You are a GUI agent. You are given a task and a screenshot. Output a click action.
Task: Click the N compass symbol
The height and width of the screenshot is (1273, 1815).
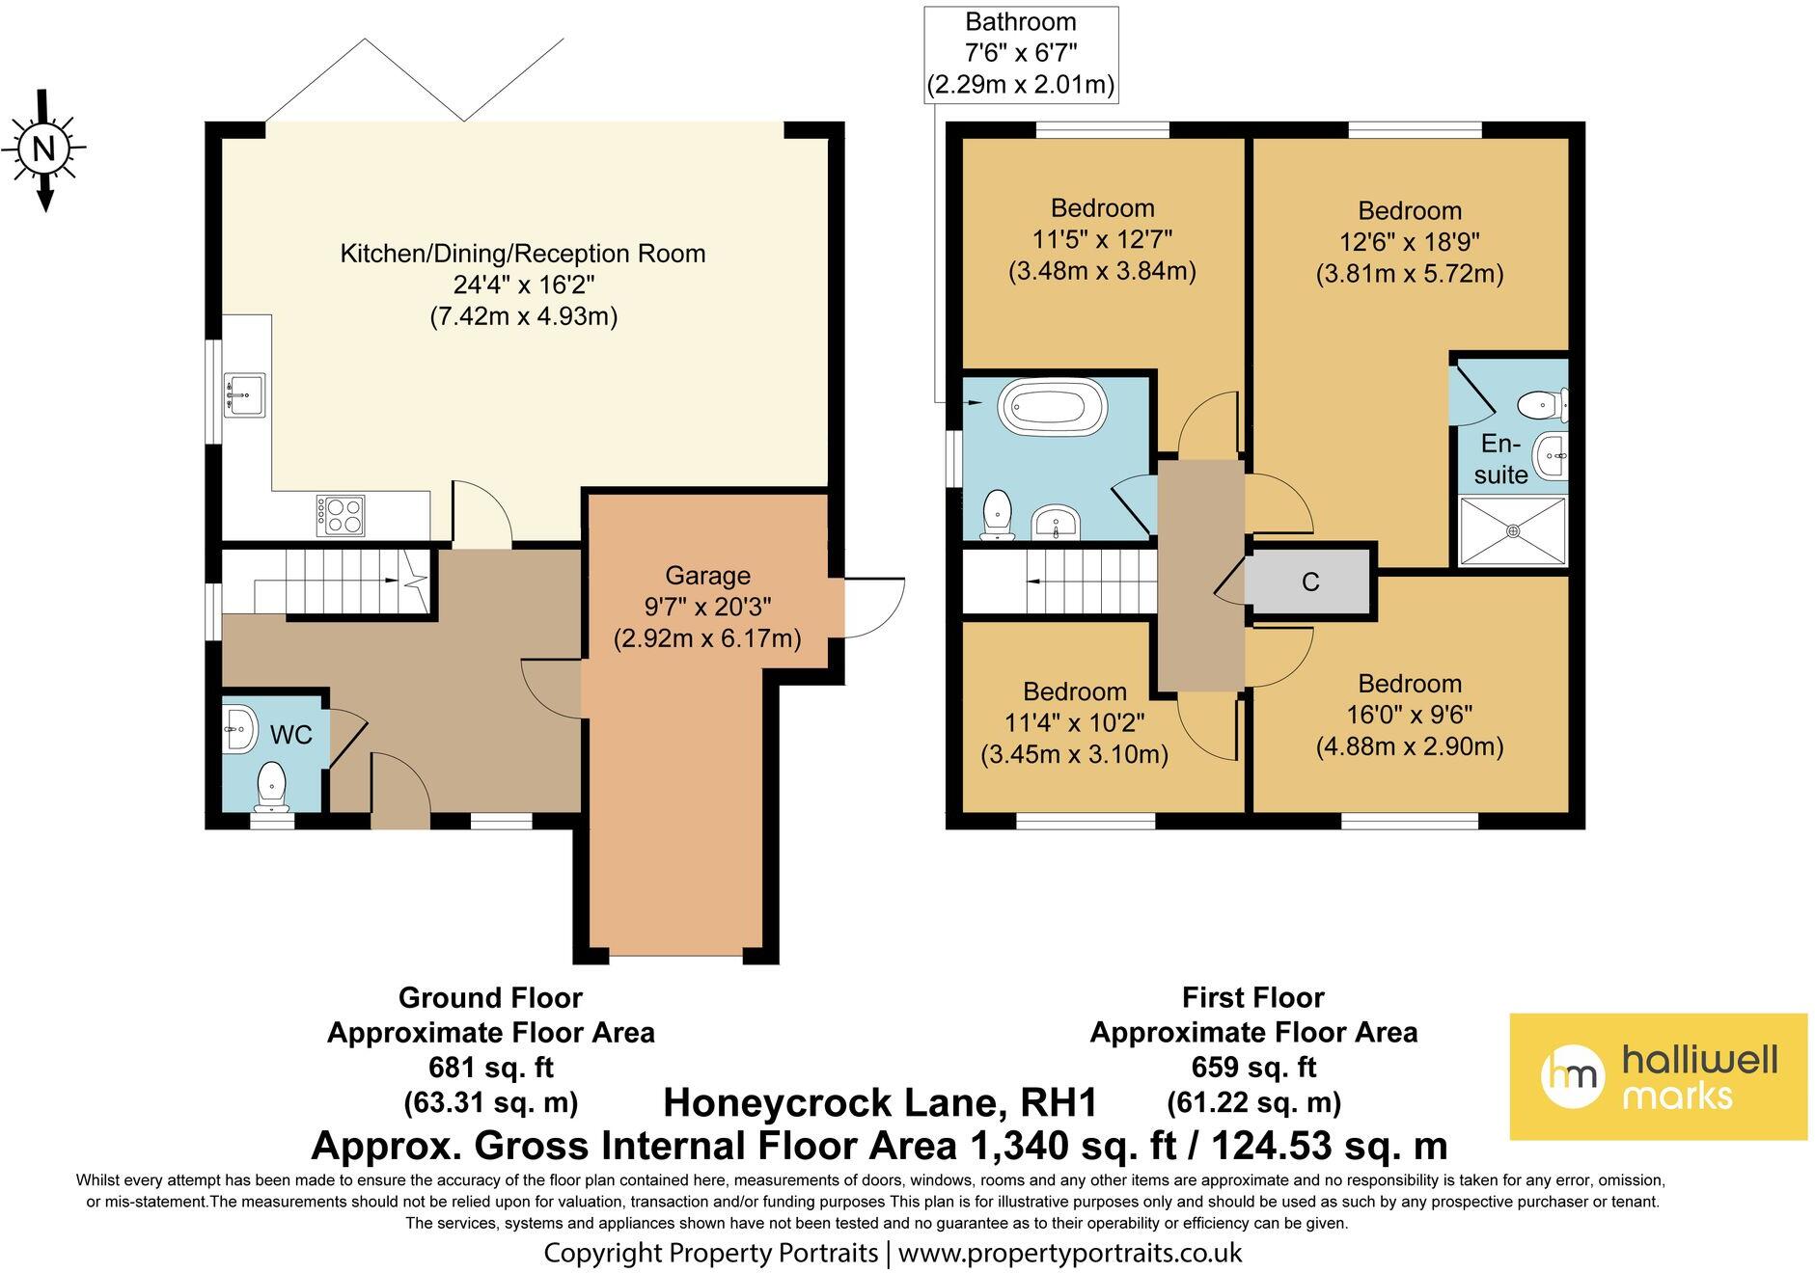tap(43, 149)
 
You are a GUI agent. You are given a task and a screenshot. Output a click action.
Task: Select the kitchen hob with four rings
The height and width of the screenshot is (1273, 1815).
tap(341, 515)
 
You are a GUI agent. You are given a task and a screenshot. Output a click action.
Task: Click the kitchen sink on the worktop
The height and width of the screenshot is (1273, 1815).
tap(244, 394)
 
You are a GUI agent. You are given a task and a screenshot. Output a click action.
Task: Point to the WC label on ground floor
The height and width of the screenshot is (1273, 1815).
tap(290, 735)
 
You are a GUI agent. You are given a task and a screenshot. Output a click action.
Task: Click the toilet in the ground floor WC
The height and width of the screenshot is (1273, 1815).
tap(271, 784)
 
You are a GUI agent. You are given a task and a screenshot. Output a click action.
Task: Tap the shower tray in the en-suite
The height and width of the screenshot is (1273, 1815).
tap(1512, 530)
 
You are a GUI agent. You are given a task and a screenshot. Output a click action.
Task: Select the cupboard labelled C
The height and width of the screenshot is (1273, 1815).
tap(1309, 582)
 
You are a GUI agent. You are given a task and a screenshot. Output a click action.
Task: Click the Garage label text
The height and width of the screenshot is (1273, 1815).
tap(707, 576)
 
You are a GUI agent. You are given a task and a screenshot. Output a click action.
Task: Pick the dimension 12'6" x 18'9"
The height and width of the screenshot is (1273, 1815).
tap(1409, 242)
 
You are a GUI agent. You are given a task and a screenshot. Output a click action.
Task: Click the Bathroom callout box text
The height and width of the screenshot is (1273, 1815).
tap(1021, 53)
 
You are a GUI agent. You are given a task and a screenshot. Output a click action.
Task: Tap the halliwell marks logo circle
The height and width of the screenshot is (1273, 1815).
tap(1572, 1075)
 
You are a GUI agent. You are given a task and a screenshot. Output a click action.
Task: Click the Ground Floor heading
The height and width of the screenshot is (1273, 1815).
tap(490, 997)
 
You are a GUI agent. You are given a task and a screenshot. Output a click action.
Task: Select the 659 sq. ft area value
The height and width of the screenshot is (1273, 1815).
tap(1253, 1068)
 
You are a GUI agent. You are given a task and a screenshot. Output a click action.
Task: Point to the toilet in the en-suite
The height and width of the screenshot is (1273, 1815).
tap(1542, 406)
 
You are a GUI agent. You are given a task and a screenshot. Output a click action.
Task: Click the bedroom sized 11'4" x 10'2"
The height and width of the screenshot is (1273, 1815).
tap(1074, 722)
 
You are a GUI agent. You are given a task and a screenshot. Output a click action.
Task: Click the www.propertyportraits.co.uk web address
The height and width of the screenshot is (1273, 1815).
tap(1069, 1253)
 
